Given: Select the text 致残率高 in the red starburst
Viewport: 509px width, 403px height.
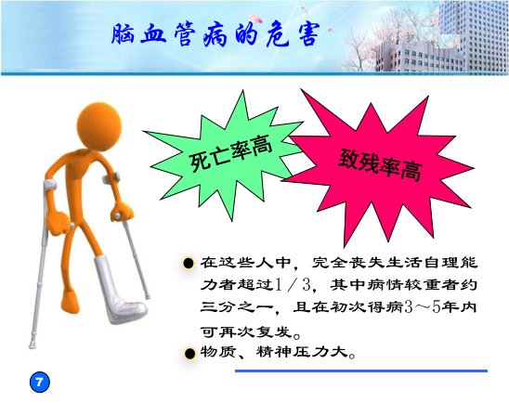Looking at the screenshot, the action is point(381,164).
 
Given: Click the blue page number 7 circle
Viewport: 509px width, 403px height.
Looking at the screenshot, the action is point(40,382).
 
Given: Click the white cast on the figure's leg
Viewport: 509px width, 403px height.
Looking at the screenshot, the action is point(119,290).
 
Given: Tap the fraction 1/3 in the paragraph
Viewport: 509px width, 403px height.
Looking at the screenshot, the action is point(293,285).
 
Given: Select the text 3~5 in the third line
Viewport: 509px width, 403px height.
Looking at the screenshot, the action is point(423,307).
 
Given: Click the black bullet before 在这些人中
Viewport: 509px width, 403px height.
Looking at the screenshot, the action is point(189,263).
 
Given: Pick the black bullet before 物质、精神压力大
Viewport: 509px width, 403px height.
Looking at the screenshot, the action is point(189,354).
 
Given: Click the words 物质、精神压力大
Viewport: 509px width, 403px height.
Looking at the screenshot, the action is point(275,352).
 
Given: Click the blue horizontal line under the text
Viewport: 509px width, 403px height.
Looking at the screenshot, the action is point(361,370).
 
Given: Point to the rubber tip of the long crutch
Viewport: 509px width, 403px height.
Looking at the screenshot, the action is point(33,344).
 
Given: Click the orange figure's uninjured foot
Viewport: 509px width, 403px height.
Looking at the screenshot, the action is point(71,303).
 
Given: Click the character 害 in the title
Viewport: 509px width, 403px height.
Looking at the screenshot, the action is point(307,34).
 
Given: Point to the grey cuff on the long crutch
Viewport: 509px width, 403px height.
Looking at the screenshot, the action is point(50,185).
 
